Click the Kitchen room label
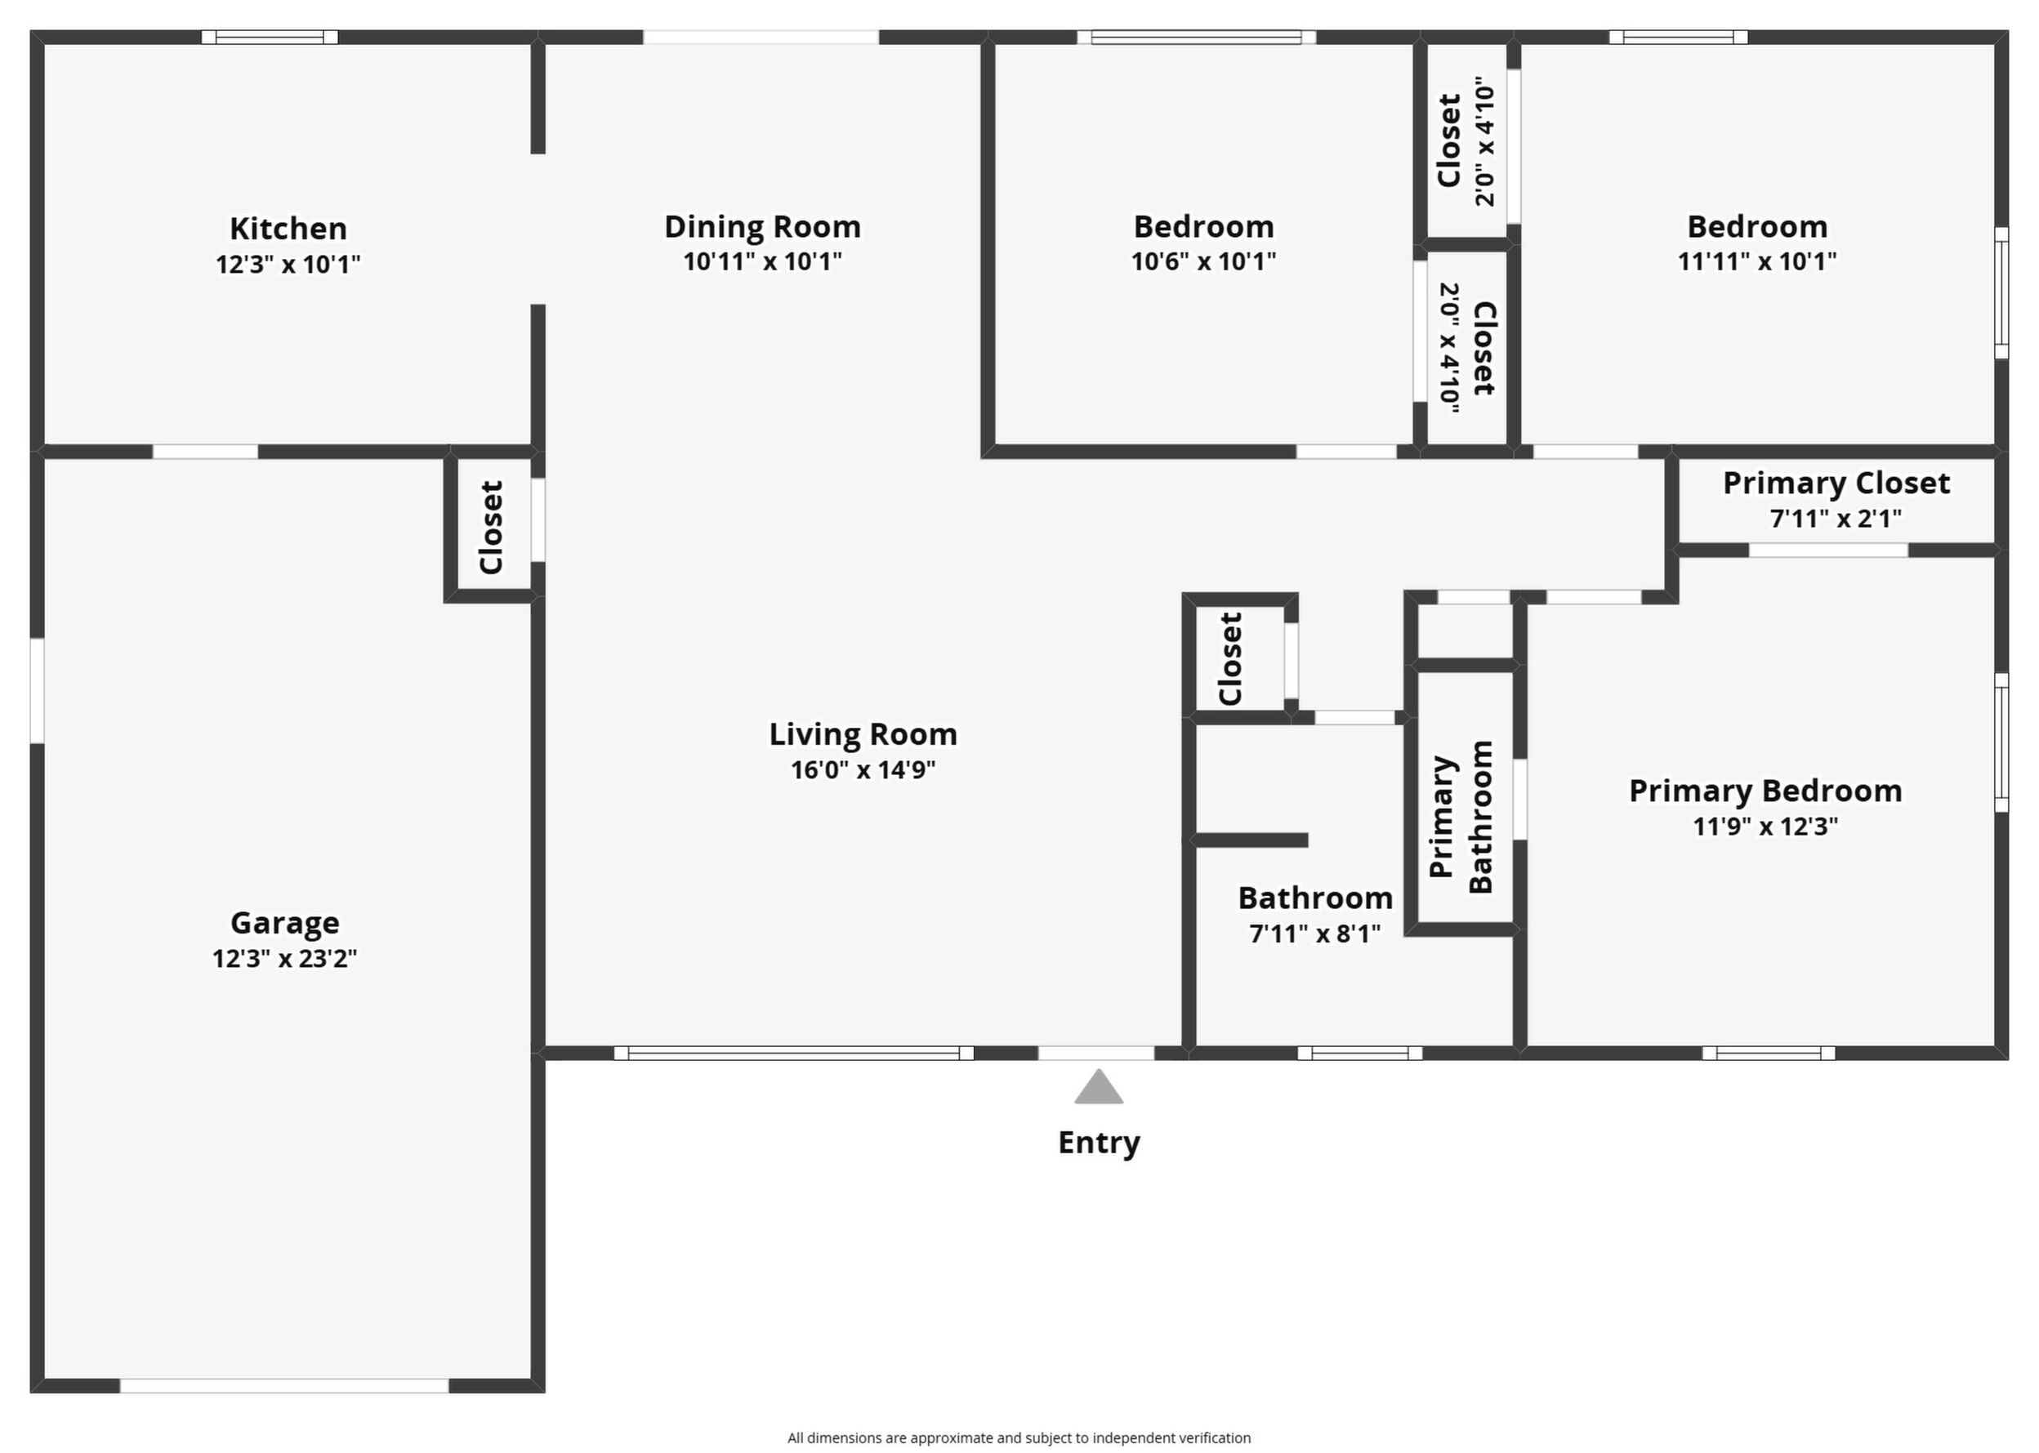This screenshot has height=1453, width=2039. click(288, 228)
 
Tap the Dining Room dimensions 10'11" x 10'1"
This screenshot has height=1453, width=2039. click(762, 261)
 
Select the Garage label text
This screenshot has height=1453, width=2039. click(284, 922)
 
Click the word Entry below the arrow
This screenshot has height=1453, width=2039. click(1099, 1143)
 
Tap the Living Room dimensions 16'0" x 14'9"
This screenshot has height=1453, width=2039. click(863, 769)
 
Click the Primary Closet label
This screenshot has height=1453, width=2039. click(1836, 484)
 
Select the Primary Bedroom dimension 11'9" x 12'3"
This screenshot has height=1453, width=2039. click(1765, 826)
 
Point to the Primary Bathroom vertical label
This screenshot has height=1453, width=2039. click(1460, 816)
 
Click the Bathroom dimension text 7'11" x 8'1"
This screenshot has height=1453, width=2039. click(1314, 934)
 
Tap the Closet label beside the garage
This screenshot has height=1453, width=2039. click(491, 527)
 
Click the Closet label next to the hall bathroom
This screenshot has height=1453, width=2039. click(1230, 658)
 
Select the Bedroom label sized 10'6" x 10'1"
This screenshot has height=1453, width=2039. click(1203, 226)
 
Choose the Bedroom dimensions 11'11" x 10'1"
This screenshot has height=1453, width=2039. click(1757, 261)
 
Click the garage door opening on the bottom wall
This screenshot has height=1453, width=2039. click(284, 1386)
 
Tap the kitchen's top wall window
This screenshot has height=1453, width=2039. click(270, 37)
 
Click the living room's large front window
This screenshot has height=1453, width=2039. click(793, 1053)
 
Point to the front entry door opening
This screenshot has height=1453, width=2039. click(1096, 1053)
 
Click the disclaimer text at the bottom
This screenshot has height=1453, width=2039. click(1019, 1437)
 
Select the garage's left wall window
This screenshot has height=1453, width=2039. click(37, 690)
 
